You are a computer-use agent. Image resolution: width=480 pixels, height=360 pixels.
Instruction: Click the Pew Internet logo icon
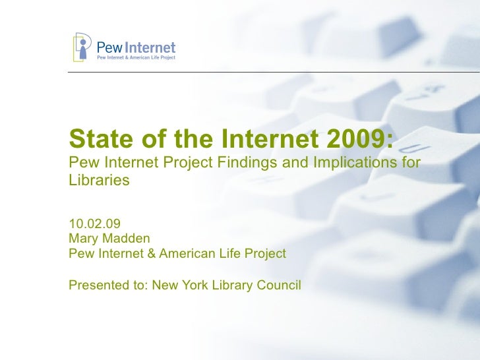(x=82, y=47)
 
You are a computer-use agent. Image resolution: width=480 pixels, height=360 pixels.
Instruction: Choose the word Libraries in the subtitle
(x=99, y=179)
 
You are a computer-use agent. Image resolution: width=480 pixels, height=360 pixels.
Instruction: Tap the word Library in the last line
(x=231, y=285)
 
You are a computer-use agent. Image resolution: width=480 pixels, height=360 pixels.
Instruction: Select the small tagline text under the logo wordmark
(x=136, y=59)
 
